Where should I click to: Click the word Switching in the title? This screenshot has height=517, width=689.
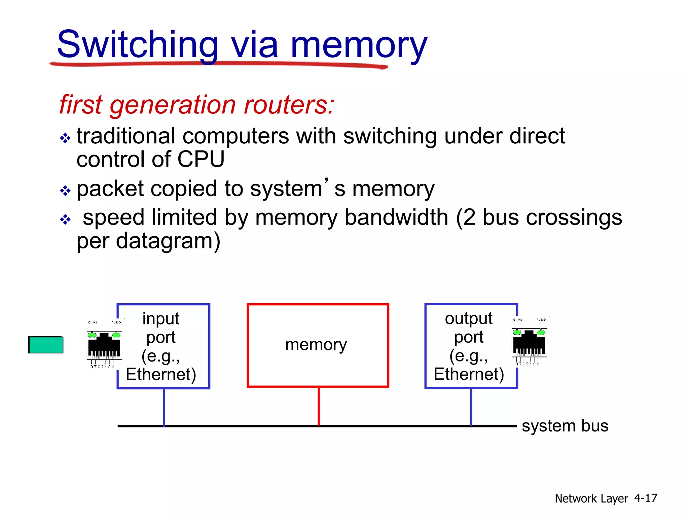point(138,45)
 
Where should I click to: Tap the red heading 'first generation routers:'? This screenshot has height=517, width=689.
point(197,105)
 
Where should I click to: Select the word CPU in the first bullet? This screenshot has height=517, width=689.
point(201,159)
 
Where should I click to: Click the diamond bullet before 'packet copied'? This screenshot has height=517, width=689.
point(65,191)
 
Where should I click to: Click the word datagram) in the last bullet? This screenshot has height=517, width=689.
point(168,241)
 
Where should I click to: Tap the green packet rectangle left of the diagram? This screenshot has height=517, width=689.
point(46,345)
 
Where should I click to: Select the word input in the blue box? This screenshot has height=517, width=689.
point(160,318)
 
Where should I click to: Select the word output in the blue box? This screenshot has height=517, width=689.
point(468,318)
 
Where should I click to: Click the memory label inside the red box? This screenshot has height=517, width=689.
point(316,345)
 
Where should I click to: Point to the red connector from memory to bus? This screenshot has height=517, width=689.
point(319,406)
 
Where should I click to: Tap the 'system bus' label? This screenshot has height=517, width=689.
point(565,426)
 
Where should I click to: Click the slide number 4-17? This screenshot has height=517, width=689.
point(645,498)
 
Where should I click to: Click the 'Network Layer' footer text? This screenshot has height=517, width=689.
point(591,498)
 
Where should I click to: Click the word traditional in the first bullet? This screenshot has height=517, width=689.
point(125,136)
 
